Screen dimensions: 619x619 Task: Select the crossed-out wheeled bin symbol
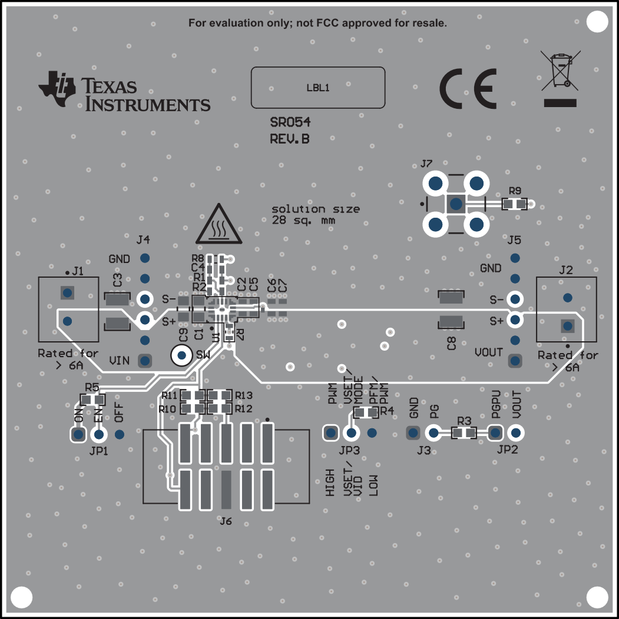[560, 71]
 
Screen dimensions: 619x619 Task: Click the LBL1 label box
[318, 88]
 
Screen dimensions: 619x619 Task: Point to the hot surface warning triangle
[219, 225]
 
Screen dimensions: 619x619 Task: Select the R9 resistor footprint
[515, 204]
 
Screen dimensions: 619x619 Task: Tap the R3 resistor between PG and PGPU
[464, 434]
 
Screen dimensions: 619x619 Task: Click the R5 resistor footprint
[92, 400]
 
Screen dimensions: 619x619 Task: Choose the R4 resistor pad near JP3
[366, 412]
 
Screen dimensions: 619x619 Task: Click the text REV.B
[289, 139]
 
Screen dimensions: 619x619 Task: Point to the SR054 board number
[290, 123]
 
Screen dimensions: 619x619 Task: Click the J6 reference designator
[225, 521]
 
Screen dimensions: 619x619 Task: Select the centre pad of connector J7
[455, 204]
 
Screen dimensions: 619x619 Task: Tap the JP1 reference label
[98, 451]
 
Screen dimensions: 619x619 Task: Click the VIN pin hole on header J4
[144, 360]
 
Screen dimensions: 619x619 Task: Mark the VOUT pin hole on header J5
[515, 360]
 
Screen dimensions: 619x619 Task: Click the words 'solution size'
[316, 209]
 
